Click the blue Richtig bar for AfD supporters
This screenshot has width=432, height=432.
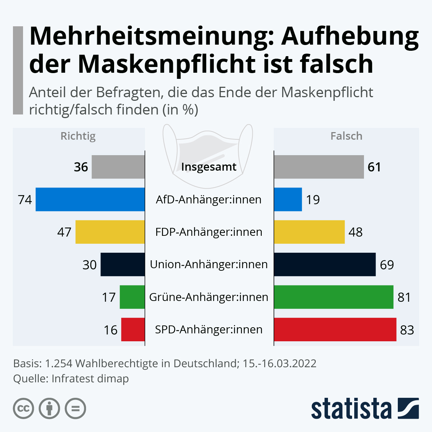tap(90, 199)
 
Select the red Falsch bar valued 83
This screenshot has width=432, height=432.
tap(335, 329)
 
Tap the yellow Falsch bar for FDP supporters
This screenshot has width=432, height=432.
tap(309, 232)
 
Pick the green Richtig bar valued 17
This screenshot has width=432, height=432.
tap(132, 297)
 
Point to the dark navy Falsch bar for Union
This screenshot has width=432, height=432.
tap(324, 265)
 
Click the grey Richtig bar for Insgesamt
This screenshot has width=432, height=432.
tap(118, 167)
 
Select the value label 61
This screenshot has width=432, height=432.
tap(374, 167)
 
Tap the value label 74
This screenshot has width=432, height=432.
tap(25, 200)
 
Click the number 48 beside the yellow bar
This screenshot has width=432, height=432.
tap(355, 232)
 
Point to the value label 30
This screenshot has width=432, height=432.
tap(90, 265)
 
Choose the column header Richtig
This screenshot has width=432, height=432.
tap(78, 136)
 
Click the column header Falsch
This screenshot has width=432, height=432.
tap(346, 136)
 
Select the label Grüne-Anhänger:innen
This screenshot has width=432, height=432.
tap(209, 297)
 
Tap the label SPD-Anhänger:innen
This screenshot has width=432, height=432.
tap(209, 330)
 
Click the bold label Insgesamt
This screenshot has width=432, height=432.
tap(209, 167)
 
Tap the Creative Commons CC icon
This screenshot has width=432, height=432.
tap(23, 409)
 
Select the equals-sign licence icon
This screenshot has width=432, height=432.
tap(75, 409)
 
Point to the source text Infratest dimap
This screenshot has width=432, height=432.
tap(90, 379)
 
